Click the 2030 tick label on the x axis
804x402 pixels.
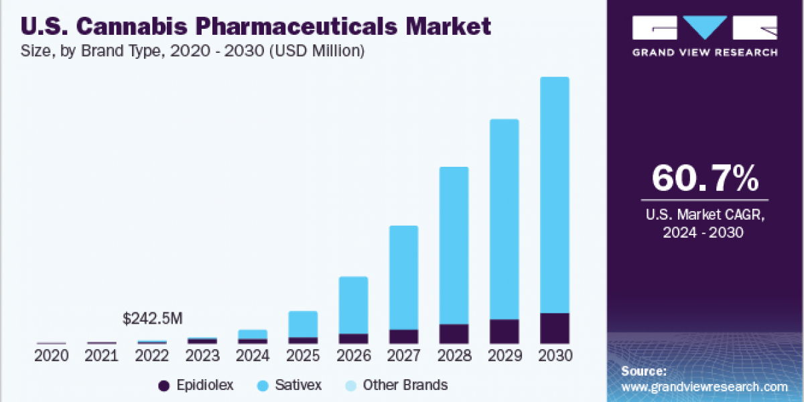pyautogui.click(x=554, y=356)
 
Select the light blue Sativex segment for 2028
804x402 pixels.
pyautogui.click(x=454, y=245)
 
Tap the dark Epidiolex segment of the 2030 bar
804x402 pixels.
pyautogui.click(x=554, y=328)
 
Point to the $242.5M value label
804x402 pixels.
pyautogui.click(x=153, y=319)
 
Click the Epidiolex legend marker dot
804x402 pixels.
pyautogui.click(x=163, y=385)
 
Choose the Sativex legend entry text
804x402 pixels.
pyautogui.click(x=298, y=385)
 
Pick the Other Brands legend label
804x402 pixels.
pyautogui.click(x=405, y=385)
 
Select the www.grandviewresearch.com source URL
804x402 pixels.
pyautogui.click(x=704, y=387)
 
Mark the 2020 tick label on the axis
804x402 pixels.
pyautogui.click(x=52, y=356)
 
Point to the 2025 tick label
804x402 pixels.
pyautogui.click(x=303, y=356)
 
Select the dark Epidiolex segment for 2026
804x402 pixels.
pyautogui.click(x=353, y=338)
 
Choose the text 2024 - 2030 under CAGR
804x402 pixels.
pyautogui.click(x=704, y=233)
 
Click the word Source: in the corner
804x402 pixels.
pyautogui.click(x=643, y=371)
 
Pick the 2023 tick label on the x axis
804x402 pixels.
pyautogui.click(x=202, y=356)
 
